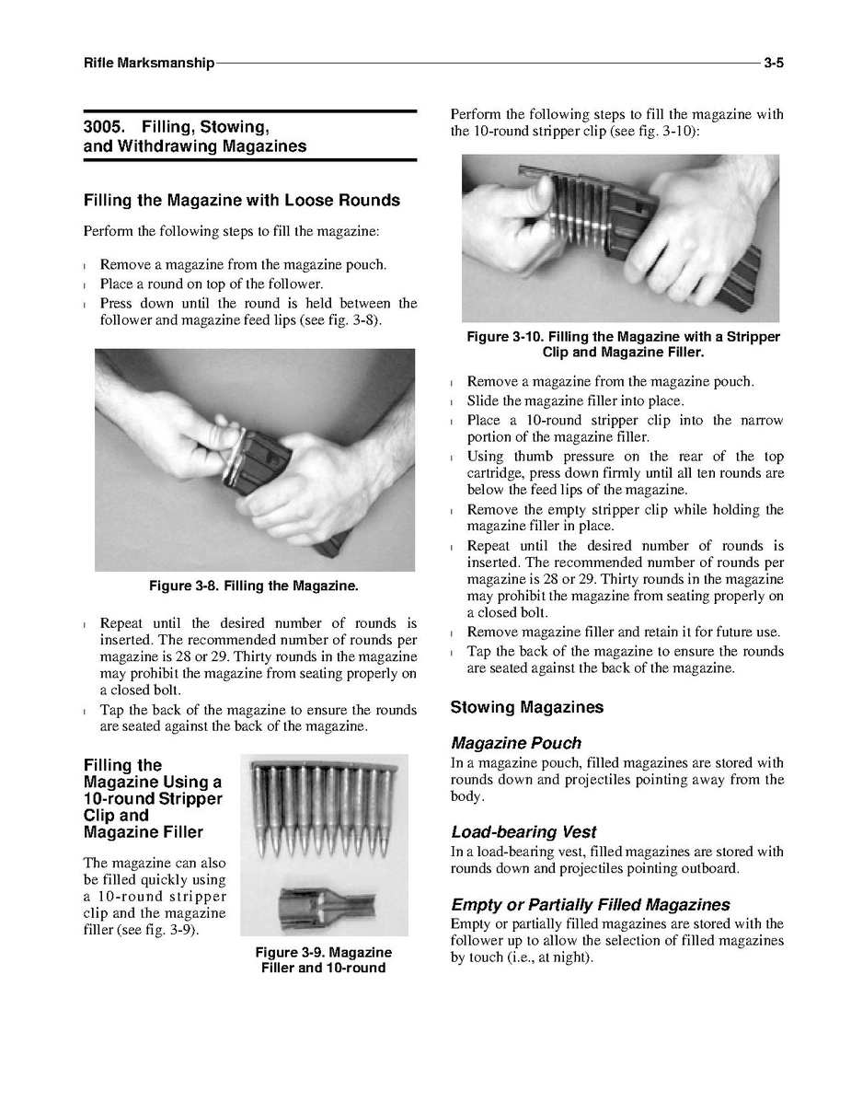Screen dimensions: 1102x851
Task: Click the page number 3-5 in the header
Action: pyautogui.click(x=772, y=64)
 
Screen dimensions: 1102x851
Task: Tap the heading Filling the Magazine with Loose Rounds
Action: pyautogui.click(x=241, y=200)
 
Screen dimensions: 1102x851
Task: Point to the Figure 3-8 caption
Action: pyautogui.click(x=254, y=586)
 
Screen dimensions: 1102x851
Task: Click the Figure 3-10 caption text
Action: pyautogui.click(x=623, y=344)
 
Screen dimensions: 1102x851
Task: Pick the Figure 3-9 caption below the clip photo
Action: pyautogui.click(x=323, y=959)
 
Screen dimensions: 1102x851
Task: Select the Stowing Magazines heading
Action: pyautogui.click(x=526, y=707)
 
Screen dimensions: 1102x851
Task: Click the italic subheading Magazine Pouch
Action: pyautogui.click(x=515, y=743)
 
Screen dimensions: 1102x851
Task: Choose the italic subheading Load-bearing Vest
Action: pyautogui.click(x=523, y=832)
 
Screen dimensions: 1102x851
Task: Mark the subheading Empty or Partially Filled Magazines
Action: pyautogui.click(x=590, y=904)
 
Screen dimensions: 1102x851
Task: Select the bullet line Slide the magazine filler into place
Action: pyautogui.click(x=575, y=401)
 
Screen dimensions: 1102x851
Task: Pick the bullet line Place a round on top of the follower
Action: pyautogui.click(x=211, y=284)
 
